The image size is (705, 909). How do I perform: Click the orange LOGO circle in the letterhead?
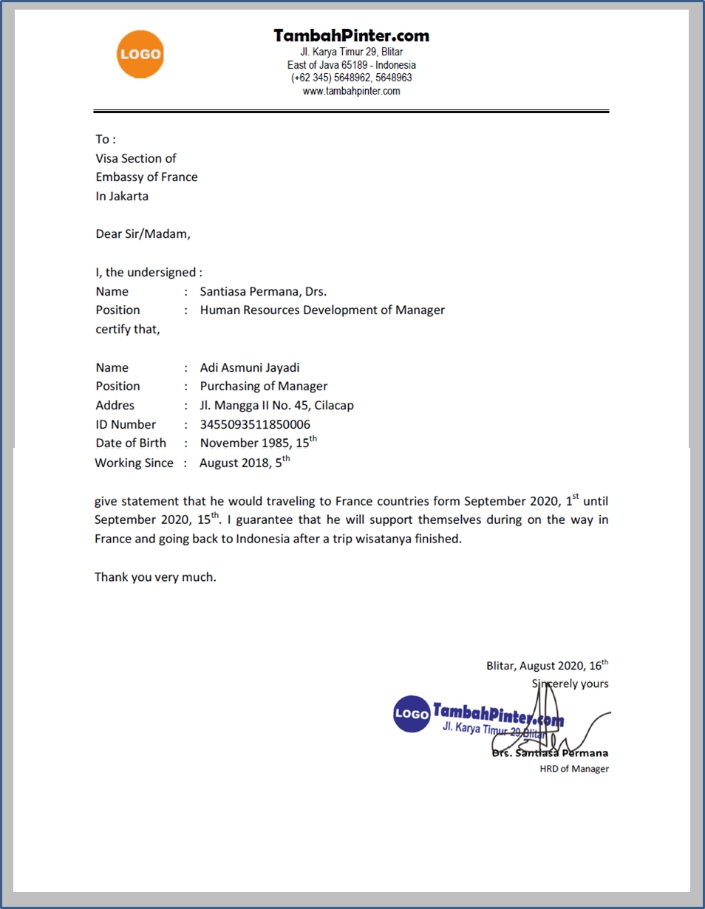[x=140, y=54]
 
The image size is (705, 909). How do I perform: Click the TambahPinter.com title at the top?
[x=351, y=35]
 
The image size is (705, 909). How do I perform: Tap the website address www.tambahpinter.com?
[x=351, y=92]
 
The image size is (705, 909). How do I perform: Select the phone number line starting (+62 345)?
[x=351, y=78]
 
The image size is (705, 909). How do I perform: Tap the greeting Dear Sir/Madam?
[x=143, y=234]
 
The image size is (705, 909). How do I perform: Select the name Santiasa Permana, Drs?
[x=263, y=291]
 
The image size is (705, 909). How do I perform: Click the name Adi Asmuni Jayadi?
[x=250, y=367]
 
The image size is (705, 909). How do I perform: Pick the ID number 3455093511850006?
[x=255, y=424]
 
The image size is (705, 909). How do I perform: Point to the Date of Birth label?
[x=131, y=443]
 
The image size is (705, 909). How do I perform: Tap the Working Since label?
[x=134, y=463]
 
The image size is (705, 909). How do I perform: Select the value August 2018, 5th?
[x=244, y=463]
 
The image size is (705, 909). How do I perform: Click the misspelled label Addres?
[x=115, y=405]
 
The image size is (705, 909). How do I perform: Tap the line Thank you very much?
[x=155, y=577]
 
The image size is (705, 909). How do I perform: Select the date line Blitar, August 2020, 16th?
[x=547, y=665]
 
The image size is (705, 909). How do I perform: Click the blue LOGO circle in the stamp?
[x=411, y=714]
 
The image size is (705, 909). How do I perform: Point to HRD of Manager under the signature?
[x=574, y=769]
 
